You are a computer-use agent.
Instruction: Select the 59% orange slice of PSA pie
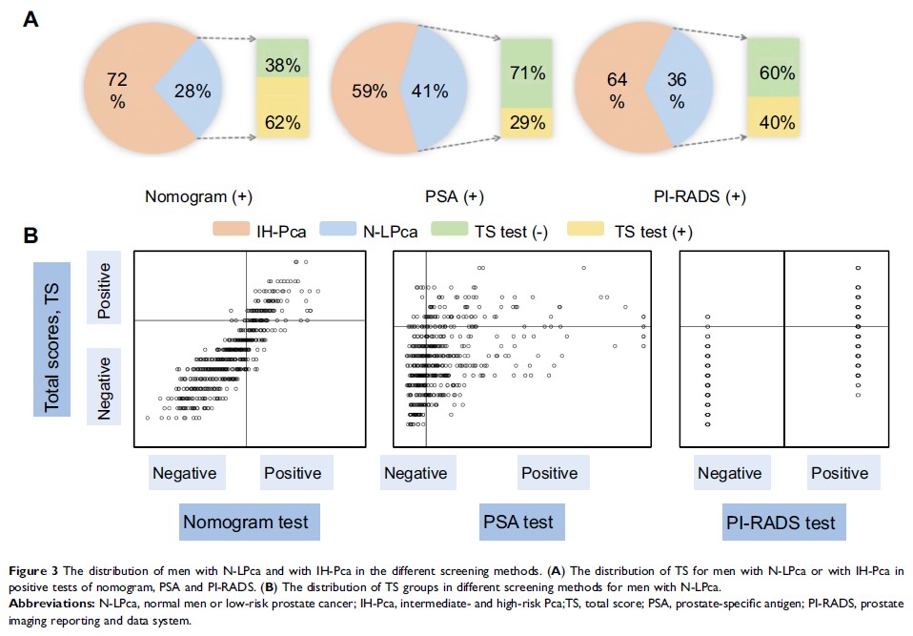pyautogui.click(x=368, y=92)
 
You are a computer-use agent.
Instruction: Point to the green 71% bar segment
pyautogui.click(x=526, y=72)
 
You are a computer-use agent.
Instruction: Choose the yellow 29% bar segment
pyautogui.click(x=526, y=122)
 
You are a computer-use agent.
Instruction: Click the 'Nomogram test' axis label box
pyautogui.click(x=250, y=523)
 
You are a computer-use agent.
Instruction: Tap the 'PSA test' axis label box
pyautogui.click(x=518, y=523)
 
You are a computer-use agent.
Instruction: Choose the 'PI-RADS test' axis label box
pyautogui.click(x=781, y=523)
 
